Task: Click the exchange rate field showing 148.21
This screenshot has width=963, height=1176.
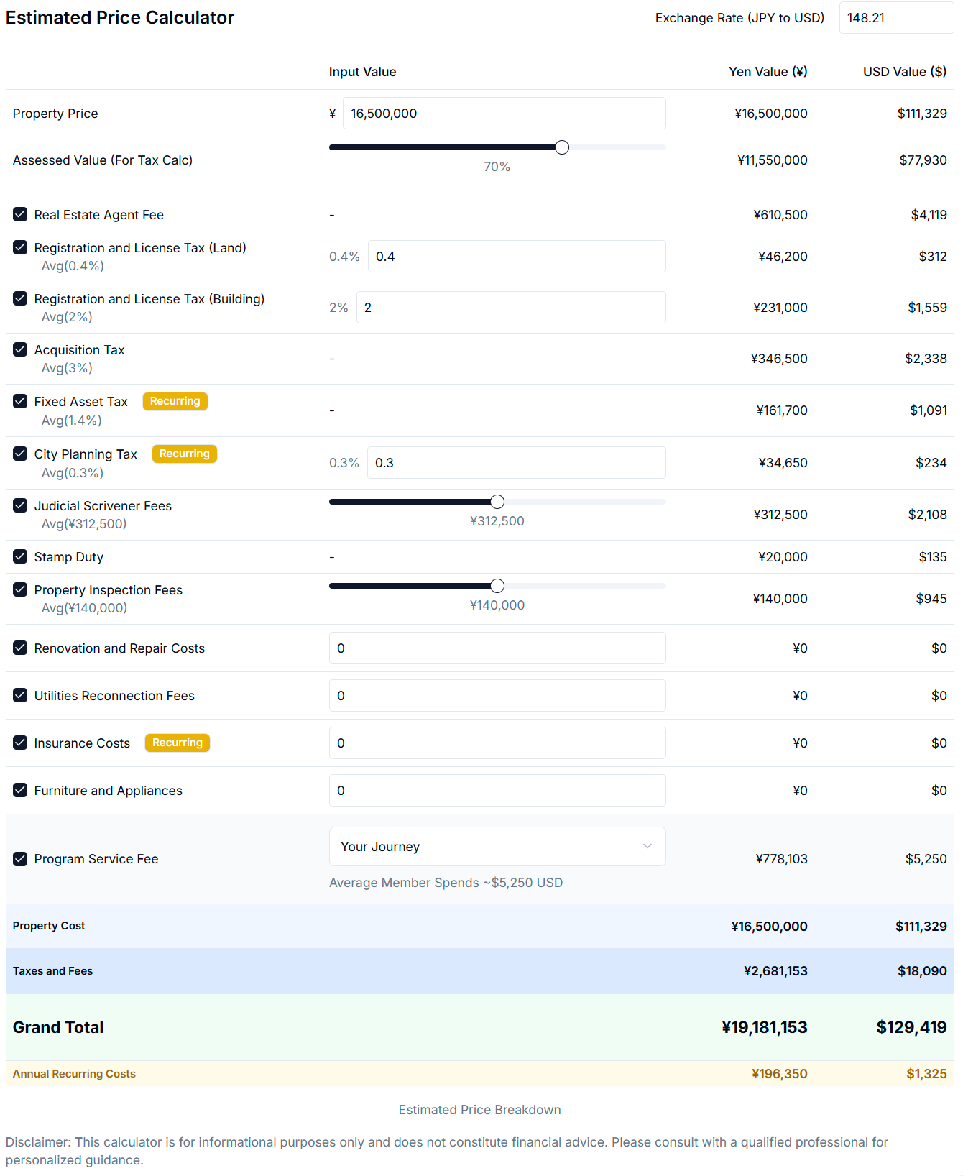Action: [895, 18]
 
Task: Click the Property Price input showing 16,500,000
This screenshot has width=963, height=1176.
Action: [503, 114]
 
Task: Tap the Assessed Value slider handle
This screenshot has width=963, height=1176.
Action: [562, 147]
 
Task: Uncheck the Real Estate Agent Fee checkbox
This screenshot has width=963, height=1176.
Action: [20, 214]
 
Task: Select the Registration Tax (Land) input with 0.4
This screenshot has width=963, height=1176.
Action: [516, 257]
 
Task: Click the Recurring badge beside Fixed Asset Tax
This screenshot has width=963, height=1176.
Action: [175, 401]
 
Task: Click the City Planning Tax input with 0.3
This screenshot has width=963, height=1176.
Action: [516, 463]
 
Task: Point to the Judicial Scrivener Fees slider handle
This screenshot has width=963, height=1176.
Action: [497, 502]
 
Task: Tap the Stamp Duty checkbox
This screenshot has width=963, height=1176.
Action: [20, 556]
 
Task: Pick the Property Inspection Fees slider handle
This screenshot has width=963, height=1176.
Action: [497, 586]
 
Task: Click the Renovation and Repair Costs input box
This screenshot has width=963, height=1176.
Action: [497, 648]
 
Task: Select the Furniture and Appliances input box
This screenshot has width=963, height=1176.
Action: [497, 791]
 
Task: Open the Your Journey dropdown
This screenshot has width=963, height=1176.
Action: [497, 847]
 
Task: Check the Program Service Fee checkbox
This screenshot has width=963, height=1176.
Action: [20, 859]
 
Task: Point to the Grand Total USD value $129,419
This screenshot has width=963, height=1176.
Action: [911, 1028]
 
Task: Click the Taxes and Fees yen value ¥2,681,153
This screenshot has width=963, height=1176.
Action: [775, 971]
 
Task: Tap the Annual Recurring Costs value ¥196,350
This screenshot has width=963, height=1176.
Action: [779, 1074]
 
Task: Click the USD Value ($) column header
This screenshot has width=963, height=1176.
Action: [904, 72]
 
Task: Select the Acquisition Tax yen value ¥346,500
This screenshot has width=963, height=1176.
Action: [779, 359]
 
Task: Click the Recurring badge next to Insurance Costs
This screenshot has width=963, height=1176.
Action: [177, 743]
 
